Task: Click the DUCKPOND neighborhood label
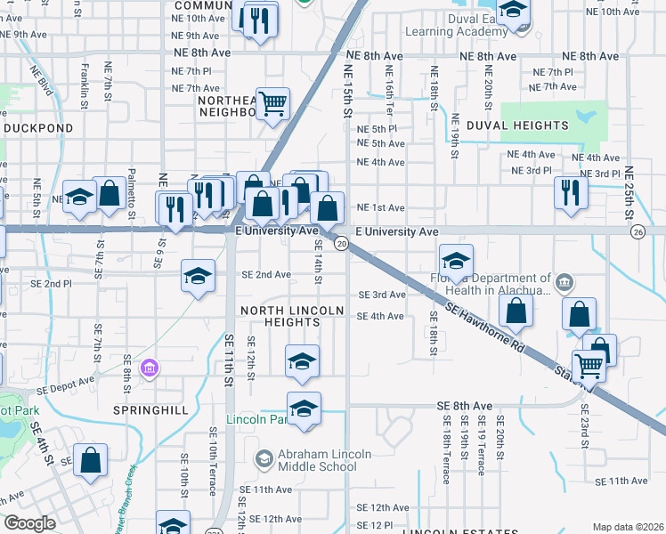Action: (37, 128)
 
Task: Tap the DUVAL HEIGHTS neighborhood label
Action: (517, 125)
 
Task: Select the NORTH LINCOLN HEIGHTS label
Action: (292, 316)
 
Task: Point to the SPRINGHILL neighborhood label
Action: (151, 410)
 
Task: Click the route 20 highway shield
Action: (340, 243)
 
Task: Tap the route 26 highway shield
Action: (638, 231)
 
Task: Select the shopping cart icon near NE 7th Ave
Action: (272, 103)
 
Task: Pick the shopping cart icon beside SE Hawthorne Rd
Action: (589, 365)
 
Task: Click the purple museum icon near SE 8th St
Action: (150, 368)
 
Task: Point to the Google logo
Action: (29, 523)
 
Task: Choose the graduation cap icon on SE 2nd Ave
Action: (198, 275)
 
